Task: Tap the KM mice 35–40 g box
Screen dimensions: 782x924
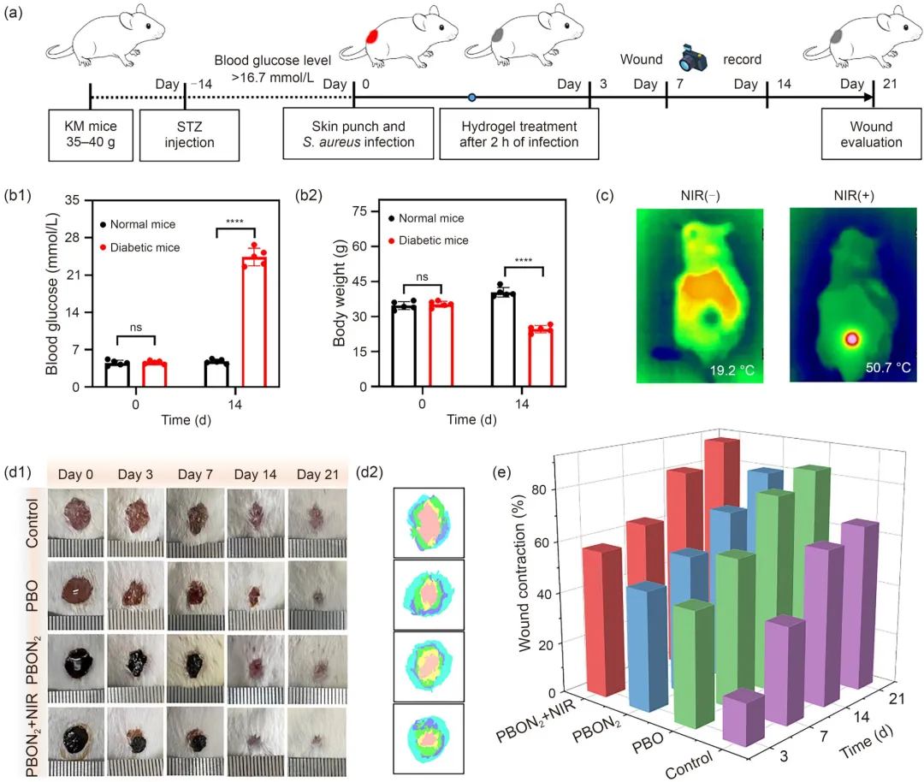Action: point(90,133)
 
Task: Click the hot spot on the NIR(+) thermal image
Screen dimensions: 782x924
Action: point(852,339)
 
